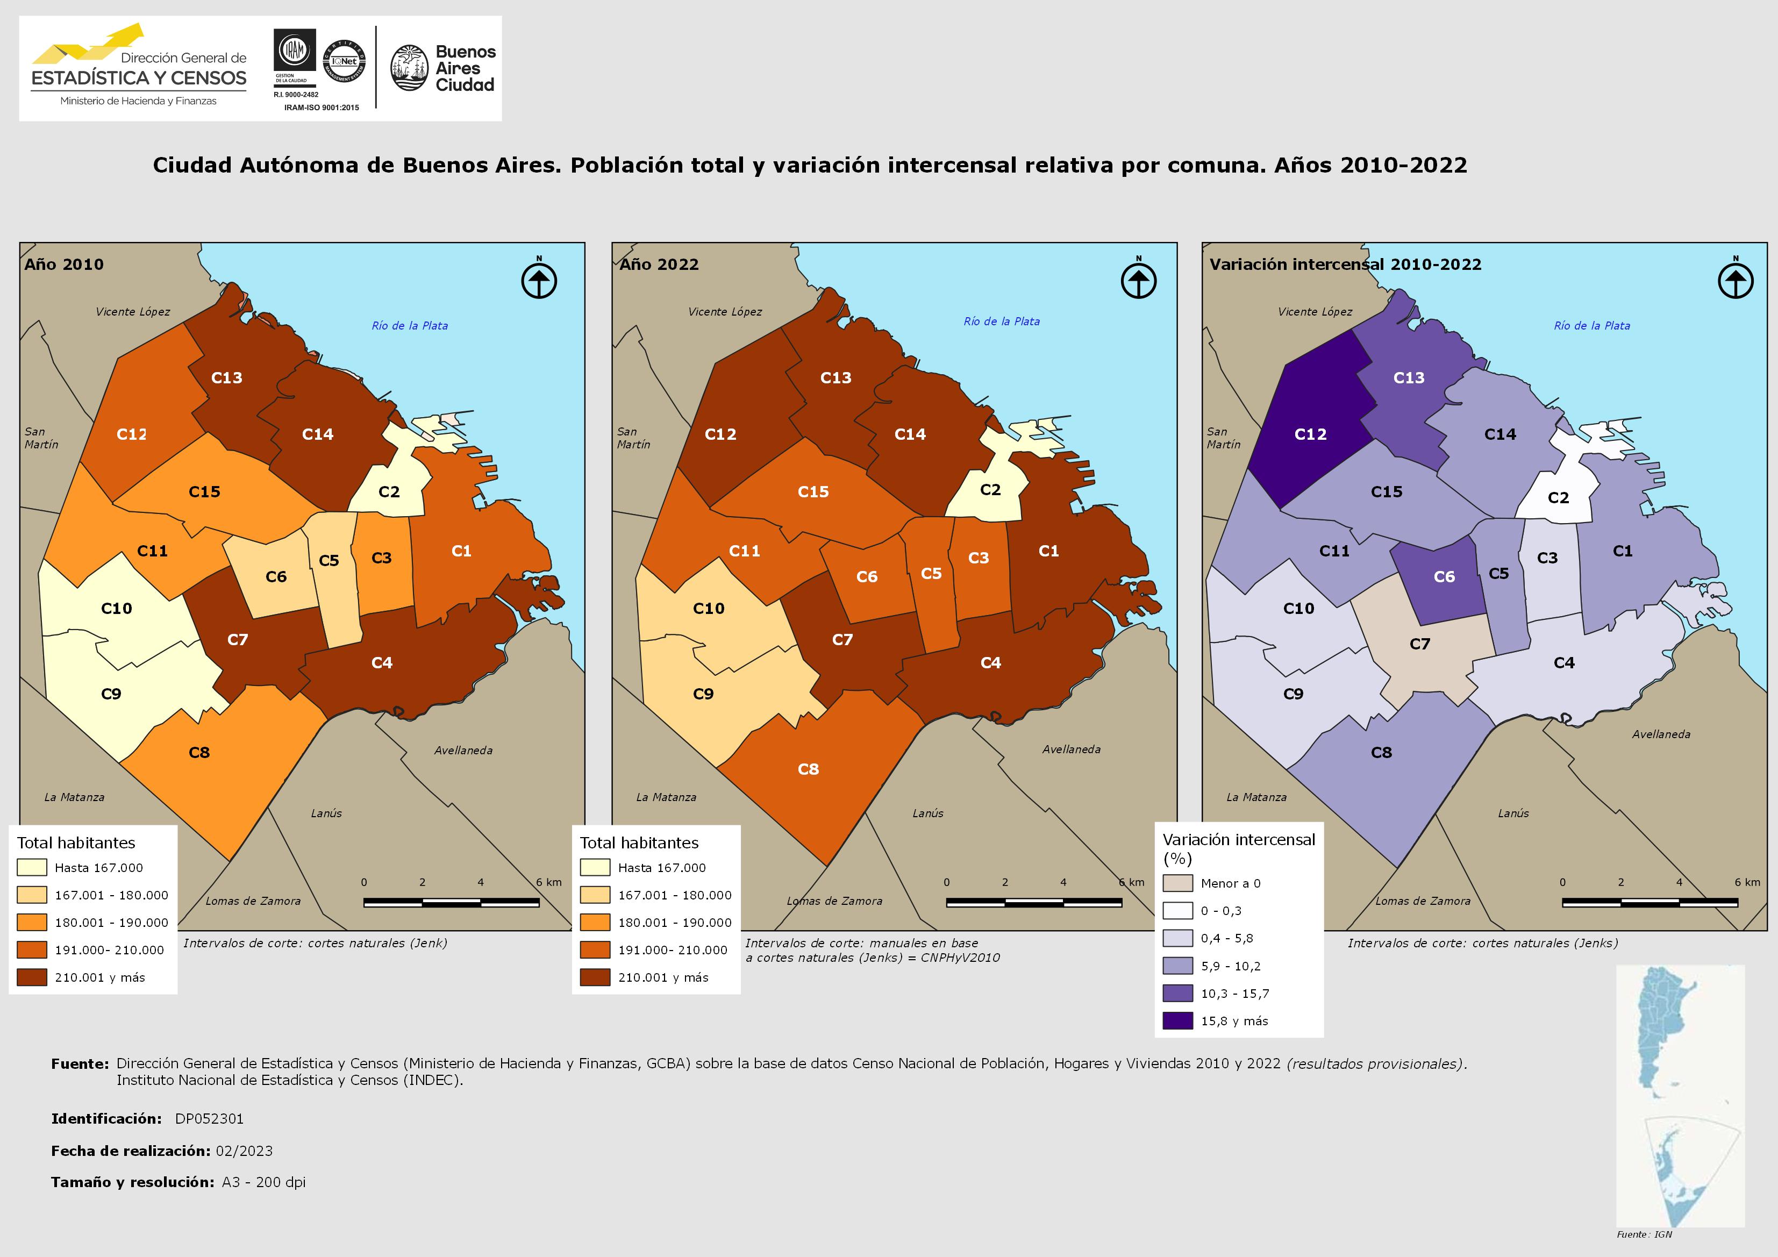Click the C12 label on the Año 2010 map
pos(132,434)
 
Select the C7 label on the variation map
pos(1419,644)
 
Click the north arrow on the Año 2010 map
pos(539,280)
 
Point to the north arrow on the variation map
pos(1736,280)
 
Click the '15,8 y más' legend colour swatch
pos(1177,1021)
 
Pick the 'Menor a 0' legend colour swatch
pos(1177,883)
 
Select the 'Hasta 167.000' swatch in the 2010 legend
pos(32,867)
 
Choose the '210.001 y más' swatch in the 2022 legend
pos(595,977)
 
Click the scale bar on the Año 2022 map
pos(1034,902)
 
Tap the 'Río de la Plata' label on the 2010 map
pos(410,326)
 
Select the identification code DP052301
pos(209,1118)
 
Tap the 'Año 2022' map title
pos(659,264)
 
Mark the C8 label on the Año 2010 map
pos(199,753)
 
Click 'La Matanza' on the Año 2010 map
pos(74,797)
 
